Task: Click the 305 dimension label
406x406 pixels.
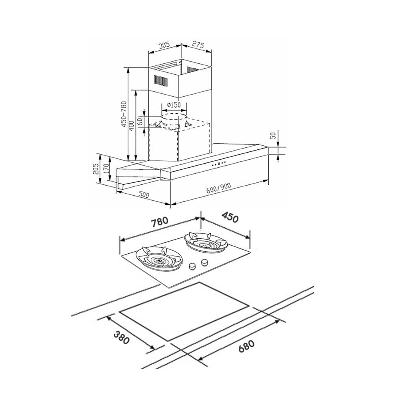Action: (164, 45)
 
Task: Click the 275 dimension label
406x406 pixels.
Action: (198, 45)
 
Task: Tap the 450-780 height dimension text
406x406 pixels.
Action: (124, 114)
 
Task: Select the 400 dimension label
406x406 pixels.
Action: (132, 125)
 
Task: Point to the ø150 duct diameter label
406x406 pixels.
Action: (174, 105)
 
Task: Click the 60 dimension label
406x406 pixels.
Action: (140, 121)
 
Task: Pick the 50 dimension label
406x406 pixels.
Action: (273, 136)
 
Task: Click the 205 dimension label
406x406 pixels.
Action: (96, 168)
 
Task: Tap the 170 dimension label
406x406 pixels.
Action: (106, 168)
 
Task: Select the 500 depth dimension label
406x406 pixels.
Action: (144, 194)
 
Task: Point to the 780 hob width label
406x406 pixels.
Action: (160, 222)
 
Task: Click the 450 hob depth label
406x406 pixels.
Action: (229, 218)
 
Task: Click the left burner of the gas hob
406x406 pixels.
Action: (160, 259)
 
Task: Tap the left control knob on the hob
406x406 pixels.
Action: (192, 266)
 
